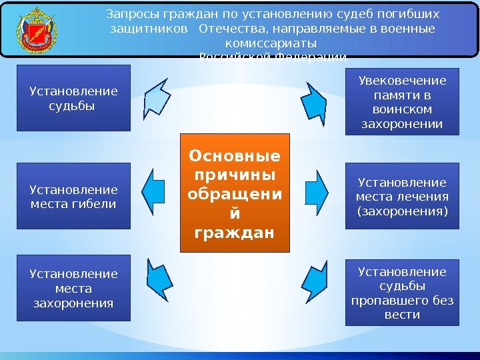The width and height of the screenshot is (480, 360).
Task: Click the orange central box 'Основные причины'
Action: (x=235, y=193)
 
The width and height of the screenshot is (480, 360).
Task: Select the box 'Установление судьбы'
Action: (x=73, y=98)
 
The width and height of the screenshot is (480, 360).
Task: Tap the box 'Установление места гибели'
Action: (x=73, y=197)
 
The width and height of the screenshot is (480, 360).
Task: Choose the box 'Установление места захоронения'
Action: (x=73, y=288)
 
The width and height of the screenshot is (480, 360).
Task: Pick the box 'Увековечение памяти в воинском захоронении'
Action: (x=402, y=102)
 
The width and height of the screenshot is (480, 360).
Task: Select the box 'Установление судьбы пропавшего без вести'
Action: (x=402, y=293)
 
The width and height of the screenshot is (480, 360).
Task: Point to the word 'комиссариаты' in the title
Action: (x=273, y=43)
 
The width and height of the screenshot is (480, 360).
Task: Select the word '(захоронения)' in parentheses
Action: (x=402, y=212)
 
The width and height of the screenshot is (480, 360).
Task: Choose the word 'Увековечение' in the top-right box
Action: (x=402, y=81)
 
